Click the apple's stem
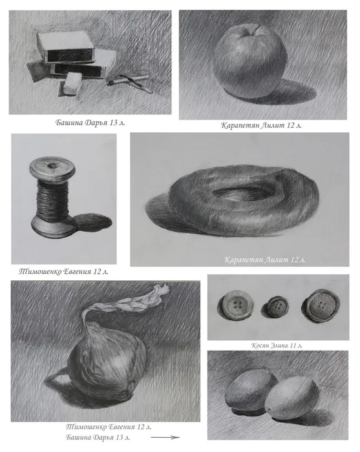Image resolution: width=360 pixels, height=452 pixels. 255,30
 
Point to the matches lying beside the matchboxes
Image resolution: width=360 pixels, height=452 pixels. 131,82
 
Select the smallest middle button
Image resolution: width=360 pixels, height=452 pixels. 276,307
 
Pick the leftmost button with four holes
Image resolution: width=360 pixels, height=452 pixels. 237,305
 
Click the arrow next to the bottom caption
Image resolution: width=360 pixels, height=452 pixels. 165,437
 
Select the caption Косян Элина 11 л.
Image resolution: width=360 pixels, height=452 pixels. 277,345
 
